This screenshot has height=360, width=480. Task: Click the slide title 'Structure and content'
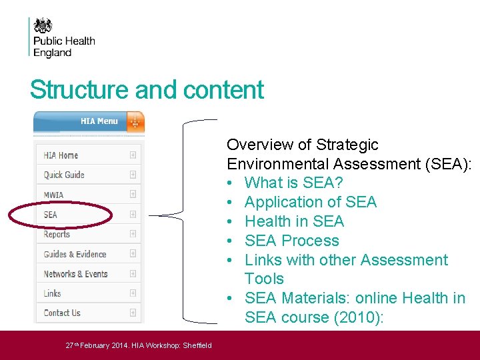click(x=147, y=90)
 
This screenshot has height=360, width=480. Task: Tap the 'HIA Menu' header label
click(x=99, y=121)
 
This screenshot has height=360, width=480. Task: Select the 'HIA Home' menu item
click(x=61, y=155)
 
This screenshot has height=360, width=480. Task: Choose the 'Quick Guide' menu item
click(x=64, y=175)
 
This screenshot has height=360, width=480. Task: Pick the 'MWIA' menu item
click(x=54, y=195)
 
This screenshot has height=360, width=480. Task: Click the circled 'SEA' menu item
click(x=51, y=215)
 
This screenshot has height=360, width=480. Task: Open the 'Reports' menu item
click(x=57, y=234)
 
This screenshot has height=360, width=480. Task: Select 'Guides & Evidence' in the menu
click(x=75, y=254)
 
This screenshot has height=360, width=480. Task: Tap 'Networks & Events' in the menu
click(x=75, y=274)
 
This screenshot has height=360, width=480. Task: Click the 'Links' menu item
click(x=52, y=293)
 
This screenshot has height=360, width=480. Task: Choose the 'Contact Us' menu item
click(x=62, y=313)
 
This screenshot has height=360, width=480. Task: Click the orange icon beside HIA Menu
click(x=135, y=121)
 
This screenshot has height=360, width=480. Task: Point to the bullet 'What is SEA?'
click(x=291, y=183)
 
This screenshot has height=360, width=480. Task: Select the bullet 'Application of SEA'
click(x=310, y=202)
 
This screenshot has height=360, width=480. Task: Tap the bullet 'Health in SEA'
click(x=294, y=221)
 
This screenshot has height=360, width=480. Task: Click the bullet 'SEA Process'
click(x=291, y=241)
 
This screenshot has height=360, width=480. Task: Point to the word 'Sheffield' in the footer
click(x=197, y=345)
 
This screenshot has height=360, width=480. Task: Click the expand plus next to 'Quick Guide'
click(x=133, y=175)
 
